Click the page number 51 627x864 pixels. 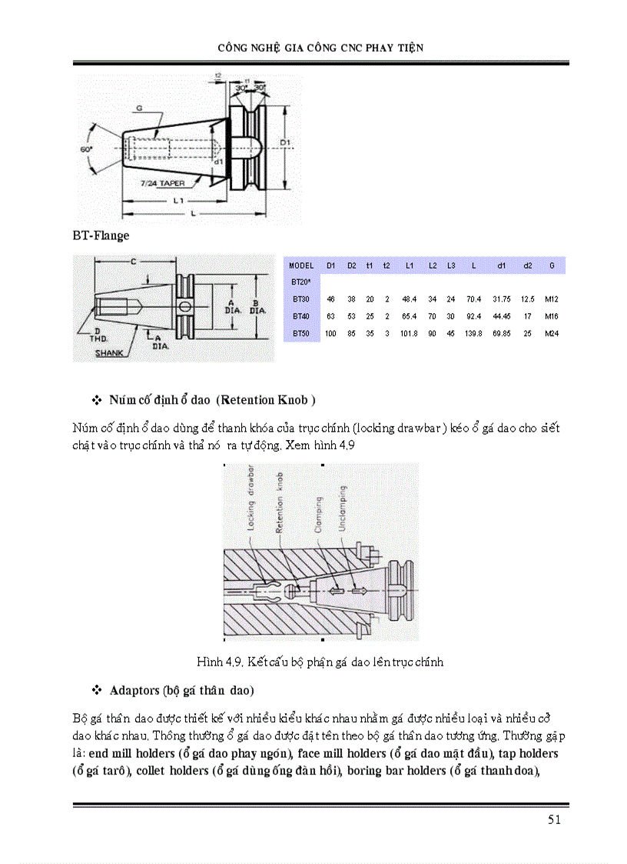click(x=554, y=819)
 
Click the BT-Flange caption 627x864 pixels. click(x=101, y=235)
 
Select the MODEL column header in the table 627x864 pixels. click(x=302, y=265)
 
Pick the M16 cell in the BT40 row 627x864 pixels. click(x=551, y=315)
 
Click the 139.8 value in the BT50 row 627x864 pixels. click(x=473, y=333)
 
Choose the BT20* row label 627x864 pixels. click(x=300, y=282)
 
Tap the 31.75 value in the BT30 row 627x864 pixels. click(x=499, y=299)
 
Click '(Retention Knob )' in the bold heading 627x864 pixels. click(x=265, y=400)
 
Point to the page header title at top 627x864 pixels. click(x=320, y=48)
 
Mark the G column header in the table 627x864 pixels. click(x=552, y=265)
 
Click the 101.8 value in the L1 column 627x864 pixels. click(x=410, y=333)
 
